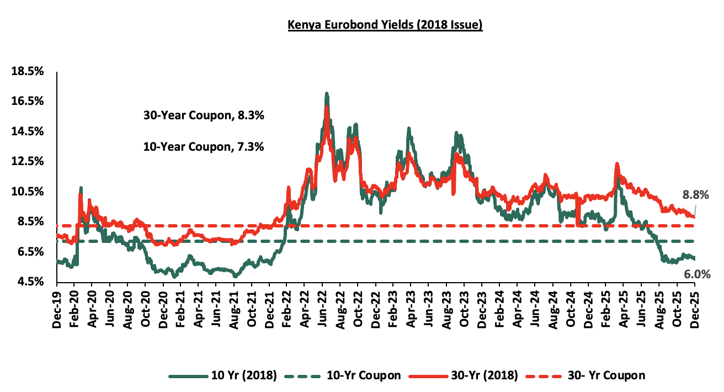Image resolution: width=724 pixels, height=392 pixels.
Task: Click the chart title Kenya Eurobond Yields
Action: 385,26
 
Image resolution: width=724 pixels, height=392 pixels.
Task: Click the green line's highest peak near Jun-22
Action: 327,93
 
